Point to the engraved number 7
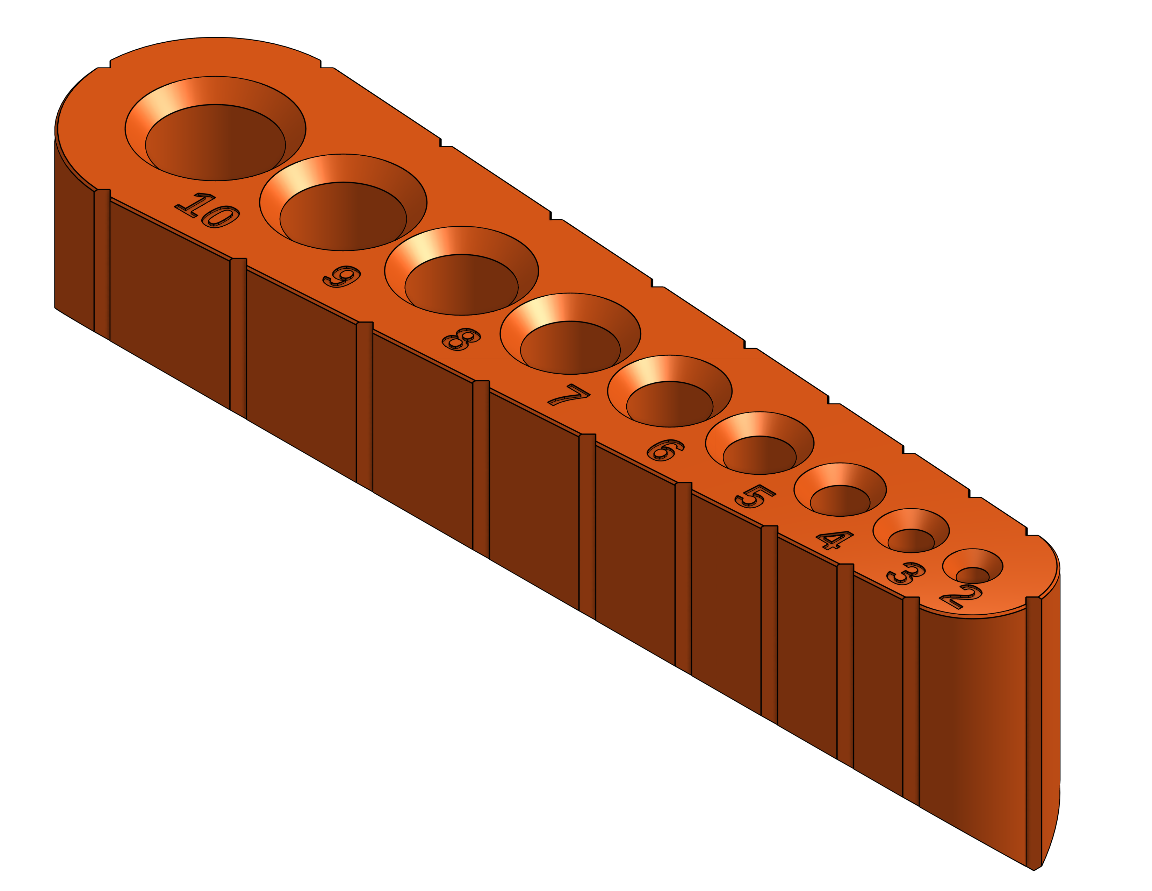(x=569, y=395)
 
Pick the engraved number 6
(x=665, y=450)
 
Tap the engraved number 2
(x=960, y=597)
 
